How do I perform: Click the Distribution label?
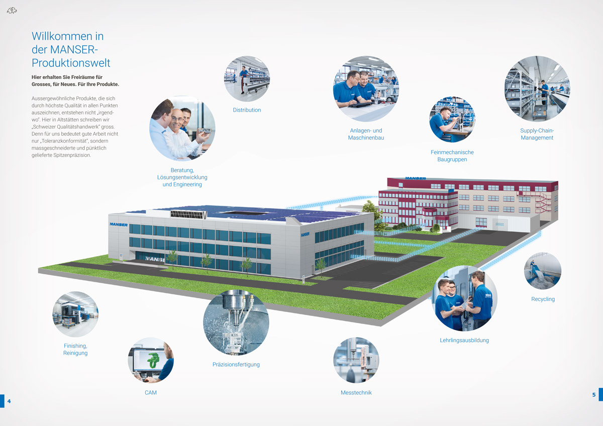[x=247, y=110]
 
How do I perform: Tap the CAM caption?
[x=150, y=392]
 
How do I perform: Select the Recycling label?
[x=543, y=299]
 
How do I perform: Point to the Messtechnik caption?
[x=356, y=392]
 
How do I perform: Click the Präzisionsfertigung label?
[x=236, y=364]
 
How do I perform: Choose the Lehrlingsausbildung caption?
[x=464, y=340]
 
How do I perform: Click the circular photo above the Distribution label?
[x=247, y=78]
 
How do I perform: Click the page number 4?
[x=9, y=401]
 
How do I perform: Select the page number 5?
[x=594, y=395]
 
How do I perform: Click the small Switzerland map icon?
[x=12, y=11]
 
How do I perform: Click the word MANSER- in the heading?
[x=74, y=50]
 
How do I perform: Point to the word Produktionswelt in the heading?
[x=71, y=63]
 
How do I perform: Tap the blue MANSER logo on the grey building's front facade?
[x=119, y=225]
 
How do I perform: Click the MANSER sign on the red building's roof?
[x=416, y=178]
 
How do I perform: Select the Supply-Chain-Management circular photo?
[x=537, y=88]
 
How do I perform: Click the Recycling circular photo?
[x=543, y=271]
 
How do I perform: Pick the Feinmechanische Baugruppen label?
[x=452, y=156]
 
